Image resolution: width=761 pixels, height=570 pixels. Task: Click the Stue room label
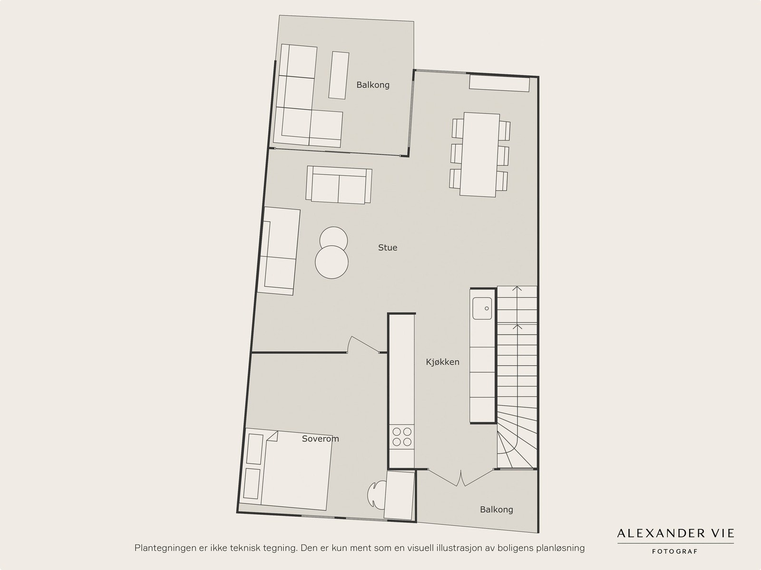[x=388, y=247]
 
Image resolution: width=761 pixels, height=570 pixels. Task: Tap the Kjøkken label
[x=443, y=362]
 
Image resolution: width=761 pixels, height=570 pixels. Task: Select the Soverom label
[x=321, y=439]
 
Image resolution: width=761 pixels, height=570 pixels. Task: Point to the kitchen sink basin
[x=482, y=308]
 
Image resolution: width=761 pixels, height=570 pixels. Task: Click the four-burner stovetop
[x=402, y=437]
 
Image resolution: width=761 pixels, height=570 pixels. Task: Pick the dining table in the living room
[x=479, y=155]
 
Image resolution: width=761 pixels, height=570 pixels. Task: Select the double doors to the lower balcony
[x=461, y=477]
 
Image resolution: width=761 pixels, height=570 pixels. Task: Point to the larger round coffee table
[x=332, y=262]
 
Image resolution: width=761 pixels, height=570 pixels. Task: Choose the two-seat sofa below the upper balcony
[x=339, y=185]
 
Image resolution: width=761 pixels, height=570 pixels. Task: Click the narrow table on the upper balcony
[x=339, y=75]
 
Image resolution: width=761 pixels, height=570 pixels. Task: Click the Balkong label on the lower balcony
[x=497, y=509]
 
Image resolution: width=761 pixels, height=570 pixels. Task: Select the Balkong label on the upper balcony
[x=373, y=85]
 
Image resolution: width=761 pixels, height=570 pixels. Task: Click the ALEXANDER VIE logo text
[x=675, y=533]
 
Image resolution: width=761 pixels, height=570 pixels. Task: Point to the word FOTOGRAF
[x=674, y=551]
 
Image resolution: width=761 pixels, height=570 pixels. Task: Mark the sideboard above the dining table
[x=499, y=84]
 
